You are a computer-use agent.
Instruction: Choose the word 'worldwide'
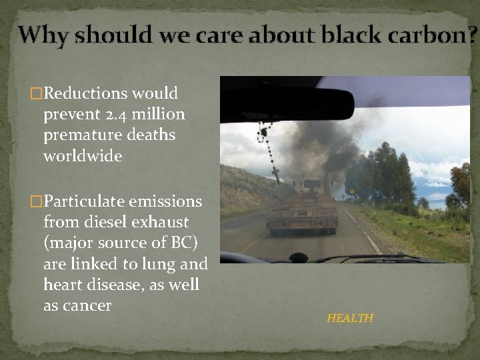coord(83,156)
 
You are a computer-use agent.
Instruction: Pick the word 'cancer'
coord(89,306)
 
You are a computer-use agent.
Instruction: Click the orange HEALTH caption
coord(350,318)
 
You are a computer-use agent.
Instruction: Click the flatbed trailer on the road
coord(302,213)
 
